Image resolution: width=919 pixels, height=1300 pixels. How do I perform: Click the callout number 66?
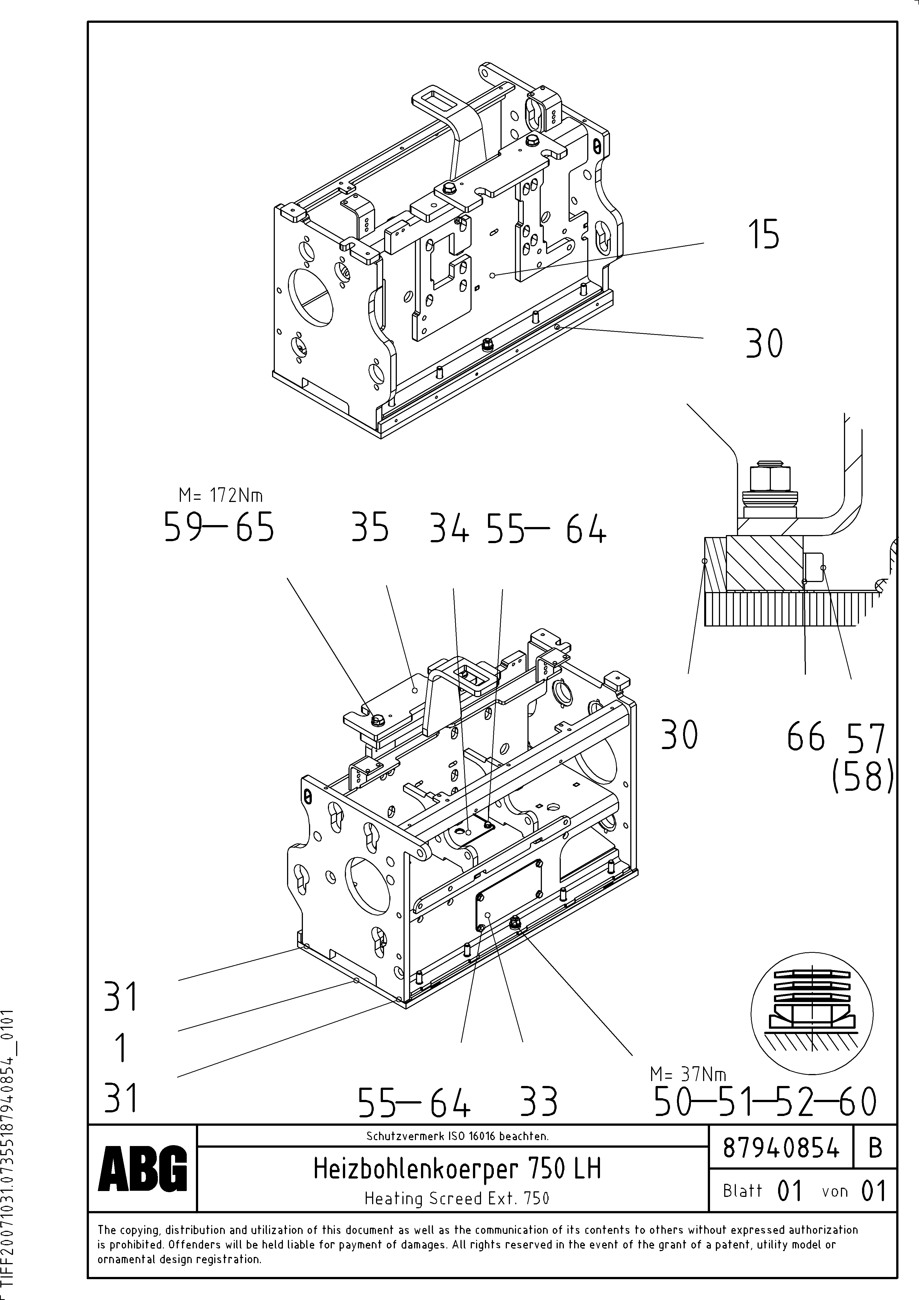point(806,738)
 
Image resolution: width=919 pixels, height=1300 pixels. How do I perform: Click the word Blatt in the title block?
point(742,1191)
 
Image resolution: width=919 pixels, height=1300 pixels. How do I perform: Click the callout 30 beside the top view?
point(764,344)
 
